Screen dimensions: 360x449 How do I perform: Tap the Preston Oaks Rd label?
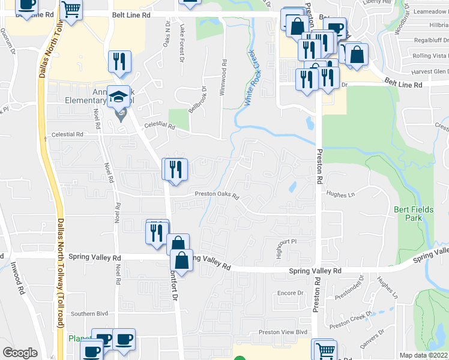tap(217, 194)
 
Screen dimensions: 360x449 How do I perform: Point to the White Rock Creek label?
tap(249, 78)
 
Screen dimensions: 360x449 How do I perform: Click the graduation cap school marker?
tap(119, 97)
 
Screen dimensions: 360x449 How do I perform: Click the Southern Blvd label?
tap(89, 313)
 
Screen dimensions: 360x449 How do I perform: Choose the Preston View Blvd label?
tap(283, 332)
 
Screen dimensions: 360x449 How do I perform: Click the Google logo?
tap(19, 353)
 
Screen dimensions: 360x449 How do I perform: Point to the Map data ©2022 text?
tap(423, 355)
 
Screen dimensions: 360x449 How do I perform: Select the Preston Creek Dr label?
tap(351, 320)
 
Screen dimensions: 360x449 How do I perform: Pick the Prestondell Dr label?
tap(358, 286)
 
